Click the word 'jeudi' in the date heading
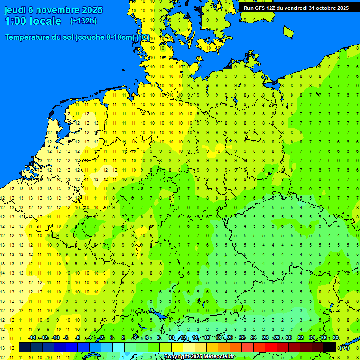pyautogui.click(x=15, y=10)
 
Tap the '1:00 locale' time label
pyautogui.click(x=33, y=21)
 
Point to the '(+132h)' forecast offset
pyautogui.click(x=83, y=21)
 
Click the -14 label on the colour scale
pyautogui.click(x=32, y=337)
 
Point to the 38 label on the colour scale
pyautogui.click(x=336, y=337)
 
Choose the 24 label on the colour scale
pyautogui.click(x=254, y=337)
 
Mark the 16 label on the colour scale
pyautogui.click(x=207, y=337)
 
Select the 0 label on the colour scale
pyautogui.click(x=112, y=337)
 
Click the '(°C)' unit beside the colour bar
pyautogui.click(x=344, y=348)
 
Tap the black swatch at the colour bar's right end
pyautogui.click(x=330, y=347)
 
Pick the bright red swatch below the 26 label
pyautogui.click(x=271, y=347)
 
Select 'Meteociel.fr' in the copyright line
pyautogui.click(x=219, y=357)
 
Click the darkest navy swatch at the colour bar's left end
pyautogui.click(x=25, y=347)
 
